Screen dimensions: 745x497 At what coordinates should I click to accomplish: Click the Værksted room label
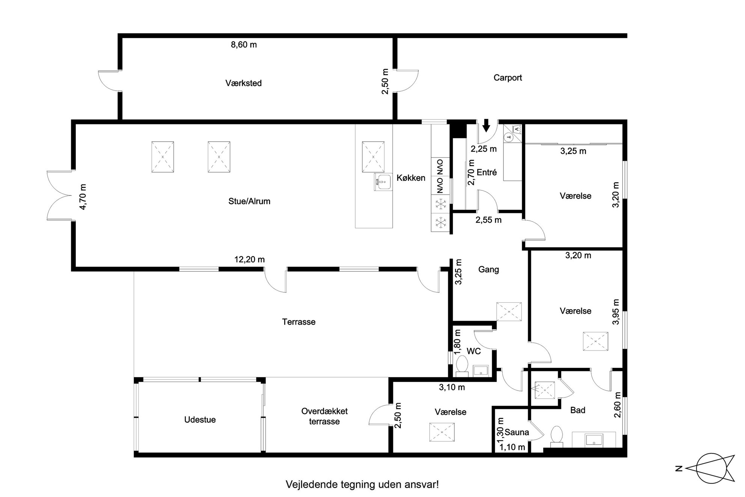pyautogui.click(x=243, y=83)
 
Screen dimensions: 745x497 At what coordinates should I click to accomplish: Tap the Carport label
pyautogui.click(x=508, y=78)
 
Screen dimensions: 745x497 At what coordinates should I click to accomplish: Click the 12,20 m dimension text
pyautogui.click(x=250, y=259)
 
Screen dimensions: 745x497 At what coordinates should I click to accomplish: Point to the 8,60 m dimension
pyautogui.click(x=244, y=45)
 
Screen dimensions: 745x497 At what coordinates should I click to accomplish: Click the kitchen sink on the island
pyautogui.click(x=383, y=182)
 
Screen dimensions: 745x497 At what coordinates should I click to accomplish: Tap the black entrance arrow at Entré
pyautogui.click(x=486, y=125)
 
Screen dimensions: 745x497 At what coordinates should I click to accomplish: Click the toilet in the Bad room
pyautogui.click(x=556, y=437)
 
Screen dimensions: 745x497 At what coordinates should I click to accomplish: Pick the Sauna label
pyautogui.click(x=517, y=432)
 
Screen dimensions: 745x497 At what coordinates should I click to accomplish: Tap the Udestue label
pyautogui.click(x=200, y=420)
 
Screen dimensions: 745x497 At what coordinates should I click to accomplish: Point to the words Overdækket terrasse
pyautogui.click(x=324, y=416)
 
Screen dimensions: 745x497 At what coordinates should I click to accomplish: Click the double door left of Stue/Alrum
pyautogui.click(x=59, y=195)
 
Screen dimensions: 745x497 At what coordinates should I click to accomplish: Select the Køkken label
pyautogui.click(x=411, y=178)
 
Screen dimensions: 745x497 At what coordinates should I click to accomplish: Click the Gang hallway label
pyautogui.click(x=489, y=269)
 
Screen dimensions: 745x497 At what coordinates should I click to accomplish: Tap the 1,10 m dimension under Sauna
pyautogui.click(x=512, y=447)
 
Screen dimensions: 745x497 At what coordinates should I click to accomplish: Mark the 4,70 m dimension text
pyautogui.click(x=83, y=196)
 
